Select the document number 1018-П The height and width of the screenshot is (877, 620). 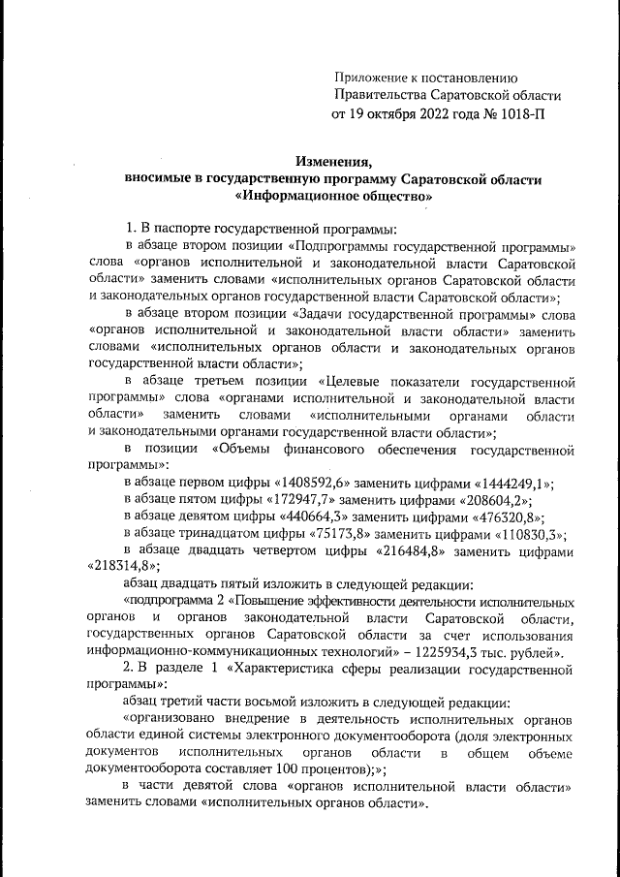coord(519,114)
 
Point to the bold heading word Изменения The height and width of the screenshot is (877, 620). coord(333,161)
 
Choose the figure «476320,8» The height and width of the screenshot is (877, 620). coord(504,516)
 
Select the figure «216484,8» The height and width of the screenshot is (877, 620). coord(417,550)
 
